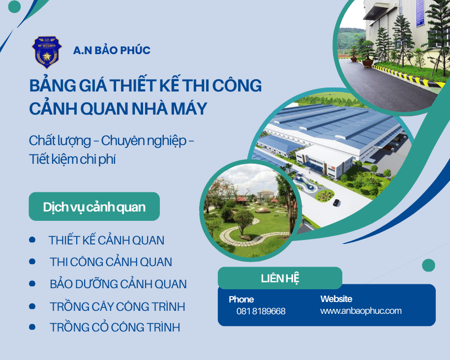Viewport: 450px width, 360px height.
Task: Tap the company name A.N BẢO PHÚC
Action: (x=112, y=50)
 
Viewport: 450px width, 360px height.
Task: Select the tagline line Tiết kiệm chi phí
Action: (x=72, y=160)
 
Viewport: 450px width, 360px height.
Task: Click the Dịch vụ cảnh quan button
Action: (x=94, y=207)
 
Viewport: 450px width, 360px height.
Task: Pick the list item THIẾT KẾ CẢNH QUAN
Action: (x=106, y=240)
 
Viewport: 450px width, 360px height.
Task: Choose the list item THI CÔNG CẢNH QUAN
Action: (x=111, y=262)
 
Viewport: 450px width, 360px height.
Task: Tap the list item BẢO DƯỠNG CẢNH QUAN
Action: (x=118, y=284)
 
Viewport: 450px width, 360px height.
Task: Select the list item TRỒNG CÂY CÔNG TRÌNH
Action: (x=117, y=307)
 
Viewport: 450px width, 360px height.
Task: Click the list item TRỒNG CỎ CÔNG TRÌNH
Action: (x=115, y=328)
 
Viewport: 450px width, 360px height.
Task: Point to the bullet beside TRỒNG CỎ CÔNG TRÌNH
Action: (x=32, y=327)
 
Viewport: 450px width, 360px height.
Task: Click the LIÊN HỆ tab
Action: (x=280, y=278)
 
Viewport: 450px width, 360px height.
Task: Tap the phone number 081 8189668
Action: (x=261, y=311)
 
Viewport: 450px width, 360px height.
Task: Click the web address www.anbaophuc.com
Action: (x=360, y=311)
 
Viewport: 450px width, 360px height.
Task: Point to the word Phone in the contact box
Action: (x=241, y=300)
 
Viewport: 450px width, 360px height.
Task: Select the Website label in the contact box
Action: (x=336, y=299)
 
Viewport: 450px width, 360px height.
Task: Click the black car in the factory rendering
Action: (x=336, y=203)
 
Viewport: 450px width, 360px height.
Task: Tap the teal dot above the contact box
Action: (x=428, y=266)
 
